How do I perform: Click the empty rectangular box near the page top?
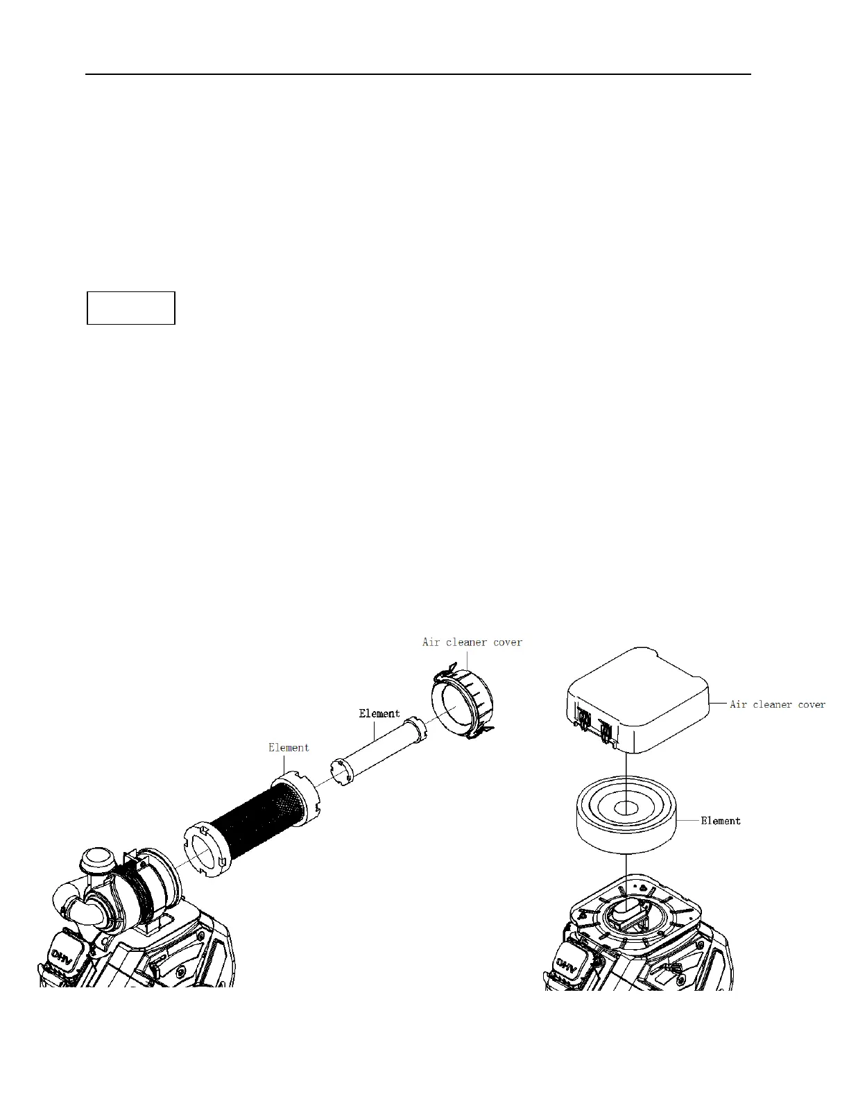click(130, 308)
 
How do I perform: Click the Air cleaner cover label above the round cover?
click(472, 642)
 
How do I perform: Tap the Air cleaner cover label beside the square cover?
click(777, 704)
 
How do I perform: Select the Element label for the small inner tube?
click(379, 713)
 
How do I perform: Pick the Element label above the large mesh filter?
click(289, 747)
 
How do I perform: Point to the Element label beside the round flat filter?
click(720, 821)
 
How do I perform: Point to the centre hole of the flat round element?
click(626, 808)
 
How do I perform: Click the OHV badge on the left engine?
click(66, 952)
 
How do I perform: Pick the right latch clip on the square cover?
click(606, 731)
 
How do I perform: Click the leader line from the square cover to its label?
click(718, 704)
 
